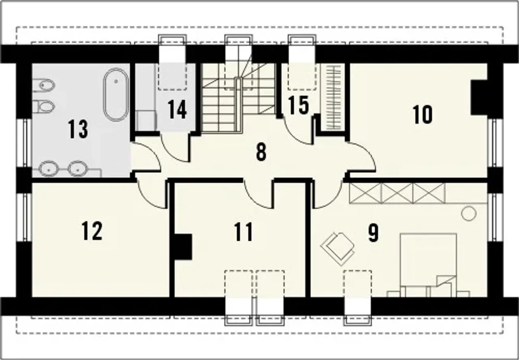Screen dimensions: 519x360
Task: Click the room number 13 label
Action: pyautogui.click(x=78, y=129)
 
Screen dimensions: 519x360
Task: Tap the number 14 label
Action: pyautogui.click(x=177, y=109)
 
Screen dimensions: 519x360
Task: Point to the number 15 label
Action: pyautogui.click(x=299, y=105)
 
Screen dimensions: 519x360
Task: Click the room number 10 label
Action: pyautogui.click(x=422, y=115)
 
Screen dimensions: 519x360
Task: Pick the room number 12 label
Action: pyautogui.click(x=92, y=231)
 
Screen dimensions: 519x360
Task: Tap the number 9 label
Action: pyautogui.click(x=373, y=233)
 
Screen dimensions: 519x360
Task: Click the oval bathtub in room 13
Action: pyautogui.click(x=116, y=94)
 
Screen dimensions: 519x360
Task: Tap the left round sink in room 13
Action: pyautogui.click(x=48, y=168)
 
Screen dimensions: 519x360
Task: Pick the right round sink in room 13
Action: pyautogui.click(x=77, y=168)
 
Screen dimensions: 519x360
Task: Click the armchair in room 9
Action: pyautogui.click(x=338, y=249)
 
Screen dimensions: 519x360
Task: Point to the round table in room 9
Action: pyautogui.click(x=469, y=213)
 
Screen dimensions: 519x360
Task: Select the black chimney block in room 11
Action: pyautogui.click(x=183, y=247)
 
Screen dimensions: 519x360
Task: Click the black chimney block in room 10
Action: pyautogui.click(x=480, y=97)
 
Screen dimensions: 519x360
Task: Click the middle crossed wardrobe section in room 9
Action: pyautogui.click(x=397, y=193)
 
